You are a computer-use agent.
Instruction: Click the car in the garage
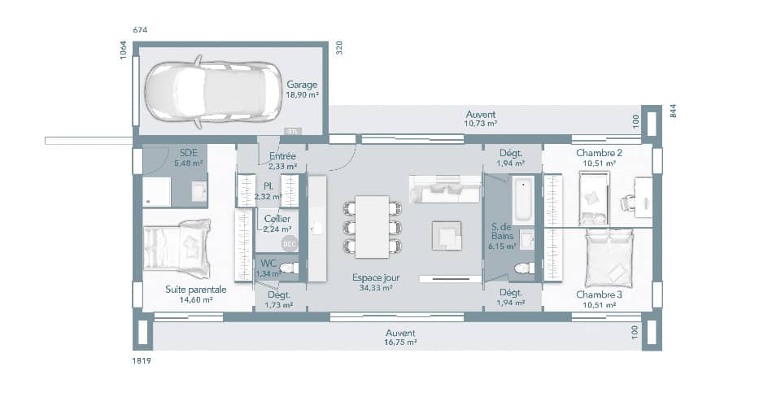click(207, 92)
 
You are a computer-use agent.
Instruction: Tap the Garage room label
click(301, 85)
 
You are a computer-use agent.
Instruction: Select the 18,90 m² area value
click(301, 95)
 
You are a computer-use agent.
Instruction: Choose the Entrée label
click(282, 155)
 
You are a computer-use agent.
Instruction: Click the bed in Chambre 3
click(608, 256)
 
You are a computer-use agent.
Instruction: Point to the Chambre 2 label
click(599, 153)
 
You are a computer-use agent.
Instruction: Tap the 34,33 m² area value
click(376, 288)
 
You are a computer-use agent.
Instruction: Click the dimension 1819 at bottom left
click(142, 360)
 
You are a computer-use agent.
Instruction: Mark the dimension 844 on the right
click(673, 111)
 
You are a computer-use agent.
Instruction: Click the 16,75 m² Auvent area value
click(400, 343)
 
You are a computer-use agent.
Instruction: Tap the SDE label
click(188, 152)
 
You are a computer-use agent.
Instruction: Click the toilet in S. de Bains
click(522, 268)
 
